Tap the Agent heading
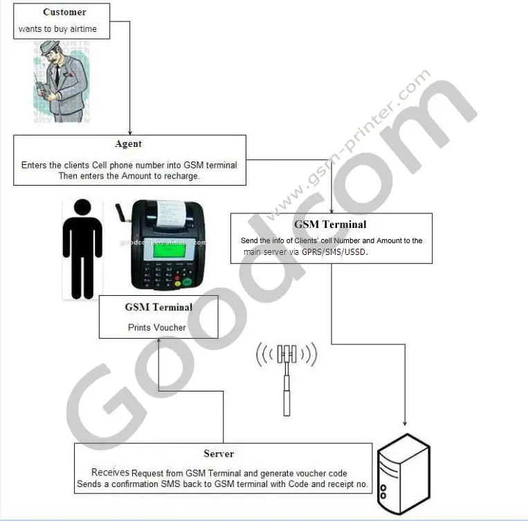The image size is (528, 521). [x=129, y=143]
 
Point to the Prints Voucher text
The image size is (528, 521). [x=157, y=327]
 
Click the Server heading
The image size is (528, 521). [x=219, y=454]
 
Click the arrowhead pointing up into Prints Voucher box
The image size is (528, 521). [x=159, y=342]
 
